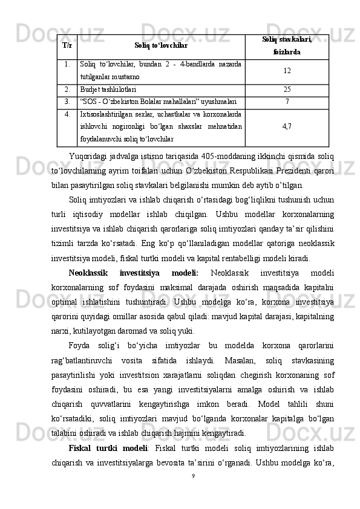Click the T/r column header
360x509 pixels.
(67, 45)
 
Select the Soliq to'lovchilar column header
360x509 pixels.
(161, 45)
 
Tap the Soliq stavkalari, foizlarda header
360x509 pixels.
(287, 45)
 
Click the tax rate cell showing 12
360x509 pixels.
(287, 71)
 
